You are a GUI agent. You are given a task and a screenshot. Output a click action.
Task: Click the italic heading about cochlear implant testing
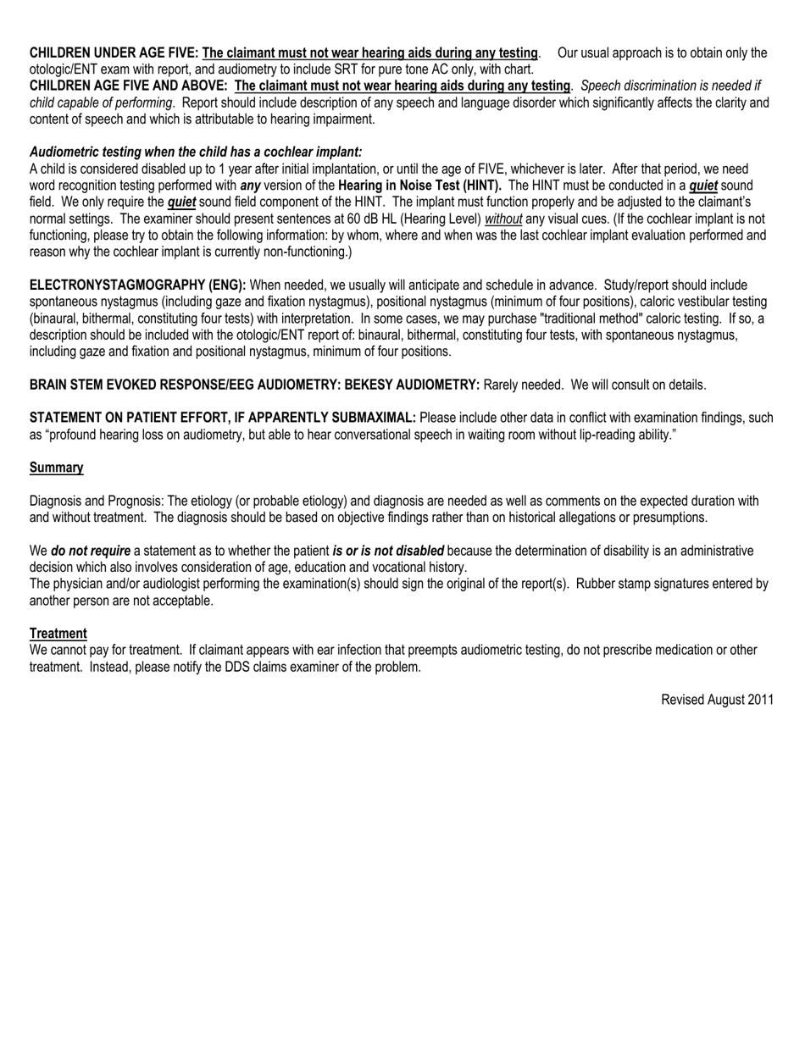[x=196, y=152]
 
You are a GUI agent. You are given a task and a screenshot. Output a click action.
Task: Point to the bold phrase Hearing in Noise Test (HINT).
[x=419, y=185]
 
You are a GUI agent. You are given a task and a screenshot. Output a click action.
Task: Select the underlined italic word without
[x=503, y=218]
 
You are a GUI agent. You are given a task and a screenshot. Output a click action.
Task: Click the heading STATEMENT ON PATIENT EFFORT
[x=223, y=418]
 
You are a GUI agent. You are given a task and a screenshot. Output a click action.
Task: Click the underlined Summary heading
[x=57, y=468]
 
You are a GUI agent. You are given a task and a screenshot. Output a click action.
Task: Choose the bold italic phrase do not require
[x=91, y=551]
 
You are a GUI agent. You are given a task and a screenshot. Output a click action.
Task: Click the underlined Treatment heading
[x=58, y=634]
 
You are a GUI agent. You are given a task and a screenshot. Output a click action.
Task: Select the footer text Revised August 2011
[x=717, y=700]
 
